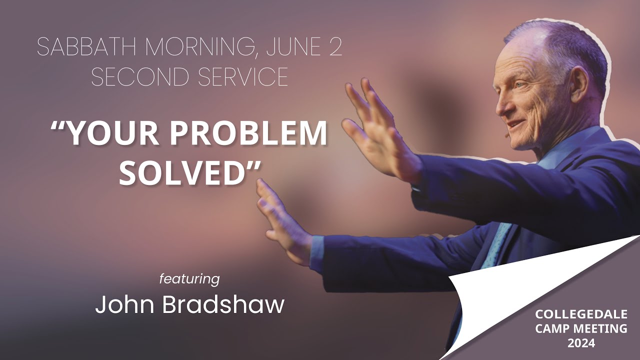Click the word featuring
tap(189, 278)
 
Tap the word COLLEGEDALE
tap(573, 314)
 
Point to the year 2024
tap(581, 343)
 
